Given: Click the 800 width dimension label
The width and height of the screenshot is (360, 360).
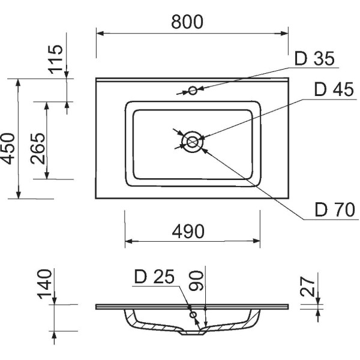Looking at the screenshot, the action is (187, 22).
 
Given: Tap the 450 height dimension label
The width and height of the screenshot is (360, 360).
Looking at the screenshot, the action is (8, 149).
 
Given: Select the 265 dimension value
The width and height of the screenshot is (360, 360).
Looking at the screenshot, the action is (38, 148).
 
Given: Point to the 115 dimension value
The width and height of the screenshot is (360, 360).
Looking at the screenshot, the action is (55, 59).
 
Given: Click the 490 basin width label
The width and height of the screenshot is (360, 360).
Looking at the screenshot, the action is (188, 231).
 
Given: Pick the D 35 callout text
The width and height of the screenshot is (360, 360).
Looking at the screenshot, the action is (314, 59).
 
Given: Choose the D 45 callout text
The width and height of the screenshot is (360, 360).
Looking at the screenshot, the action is (334, 89).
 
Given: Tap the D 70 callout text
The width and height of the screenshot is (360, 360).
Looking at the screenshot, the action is (335, 209).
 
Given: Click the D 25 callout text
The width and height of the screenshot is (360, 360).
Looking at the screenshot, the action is (154, 277).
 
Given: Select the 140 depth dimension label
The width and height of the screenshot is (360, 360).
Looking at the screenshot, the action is (45, 284).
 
